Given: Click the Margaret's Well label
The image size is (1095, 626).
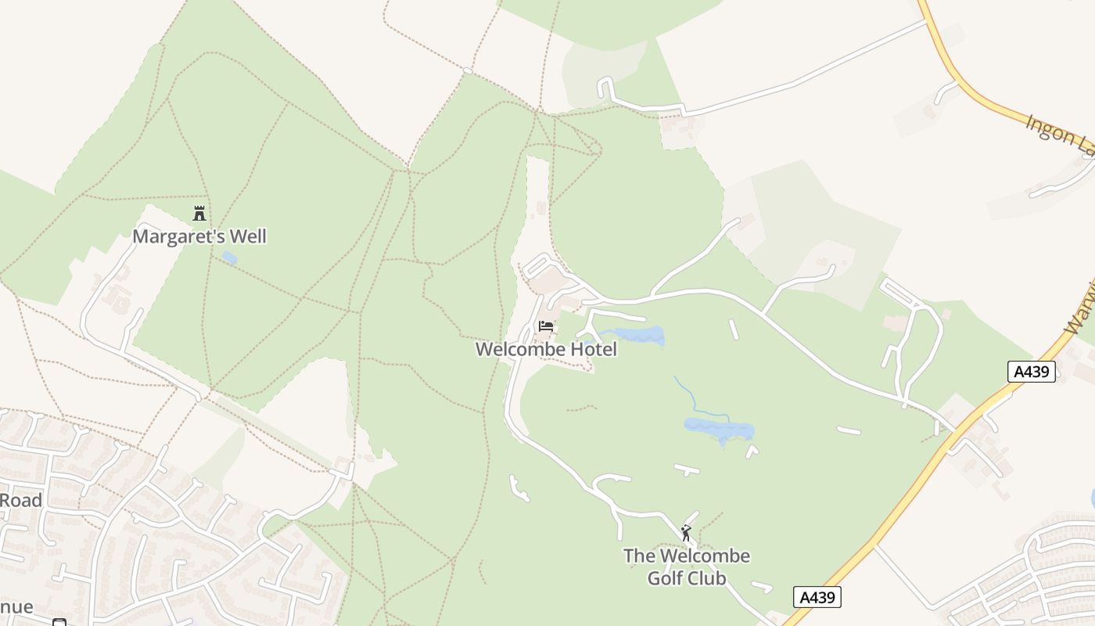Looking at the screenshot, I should [x=199, y=236].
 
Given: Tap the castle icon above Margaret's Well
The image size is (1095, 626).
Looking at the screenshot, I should [x=199, y=213].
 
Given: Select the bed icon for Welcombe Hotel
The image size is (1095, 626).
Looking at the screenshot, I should [x=546, y=326].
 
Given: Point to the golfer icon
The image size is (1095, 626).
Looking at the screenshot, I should [x=686, y=533].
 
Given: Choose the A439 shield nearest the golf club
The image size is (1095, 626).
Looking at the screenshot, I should [x=817, y=597].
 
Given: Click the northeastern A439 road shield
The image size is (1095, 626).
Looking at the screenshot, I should [x=1031, y=372].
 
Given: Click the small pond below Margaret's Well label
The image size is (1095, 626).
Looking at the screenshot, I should [x=229, y=257].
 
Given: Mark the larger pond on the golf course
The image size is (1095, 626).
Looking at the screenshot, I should [x=720, y=430].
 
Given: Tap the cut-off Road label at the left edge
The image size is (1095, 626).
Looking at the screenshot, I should [x=21, y=500].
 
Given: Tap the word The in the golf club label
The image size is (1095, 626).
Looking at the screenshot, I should [x=639, y=556].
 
